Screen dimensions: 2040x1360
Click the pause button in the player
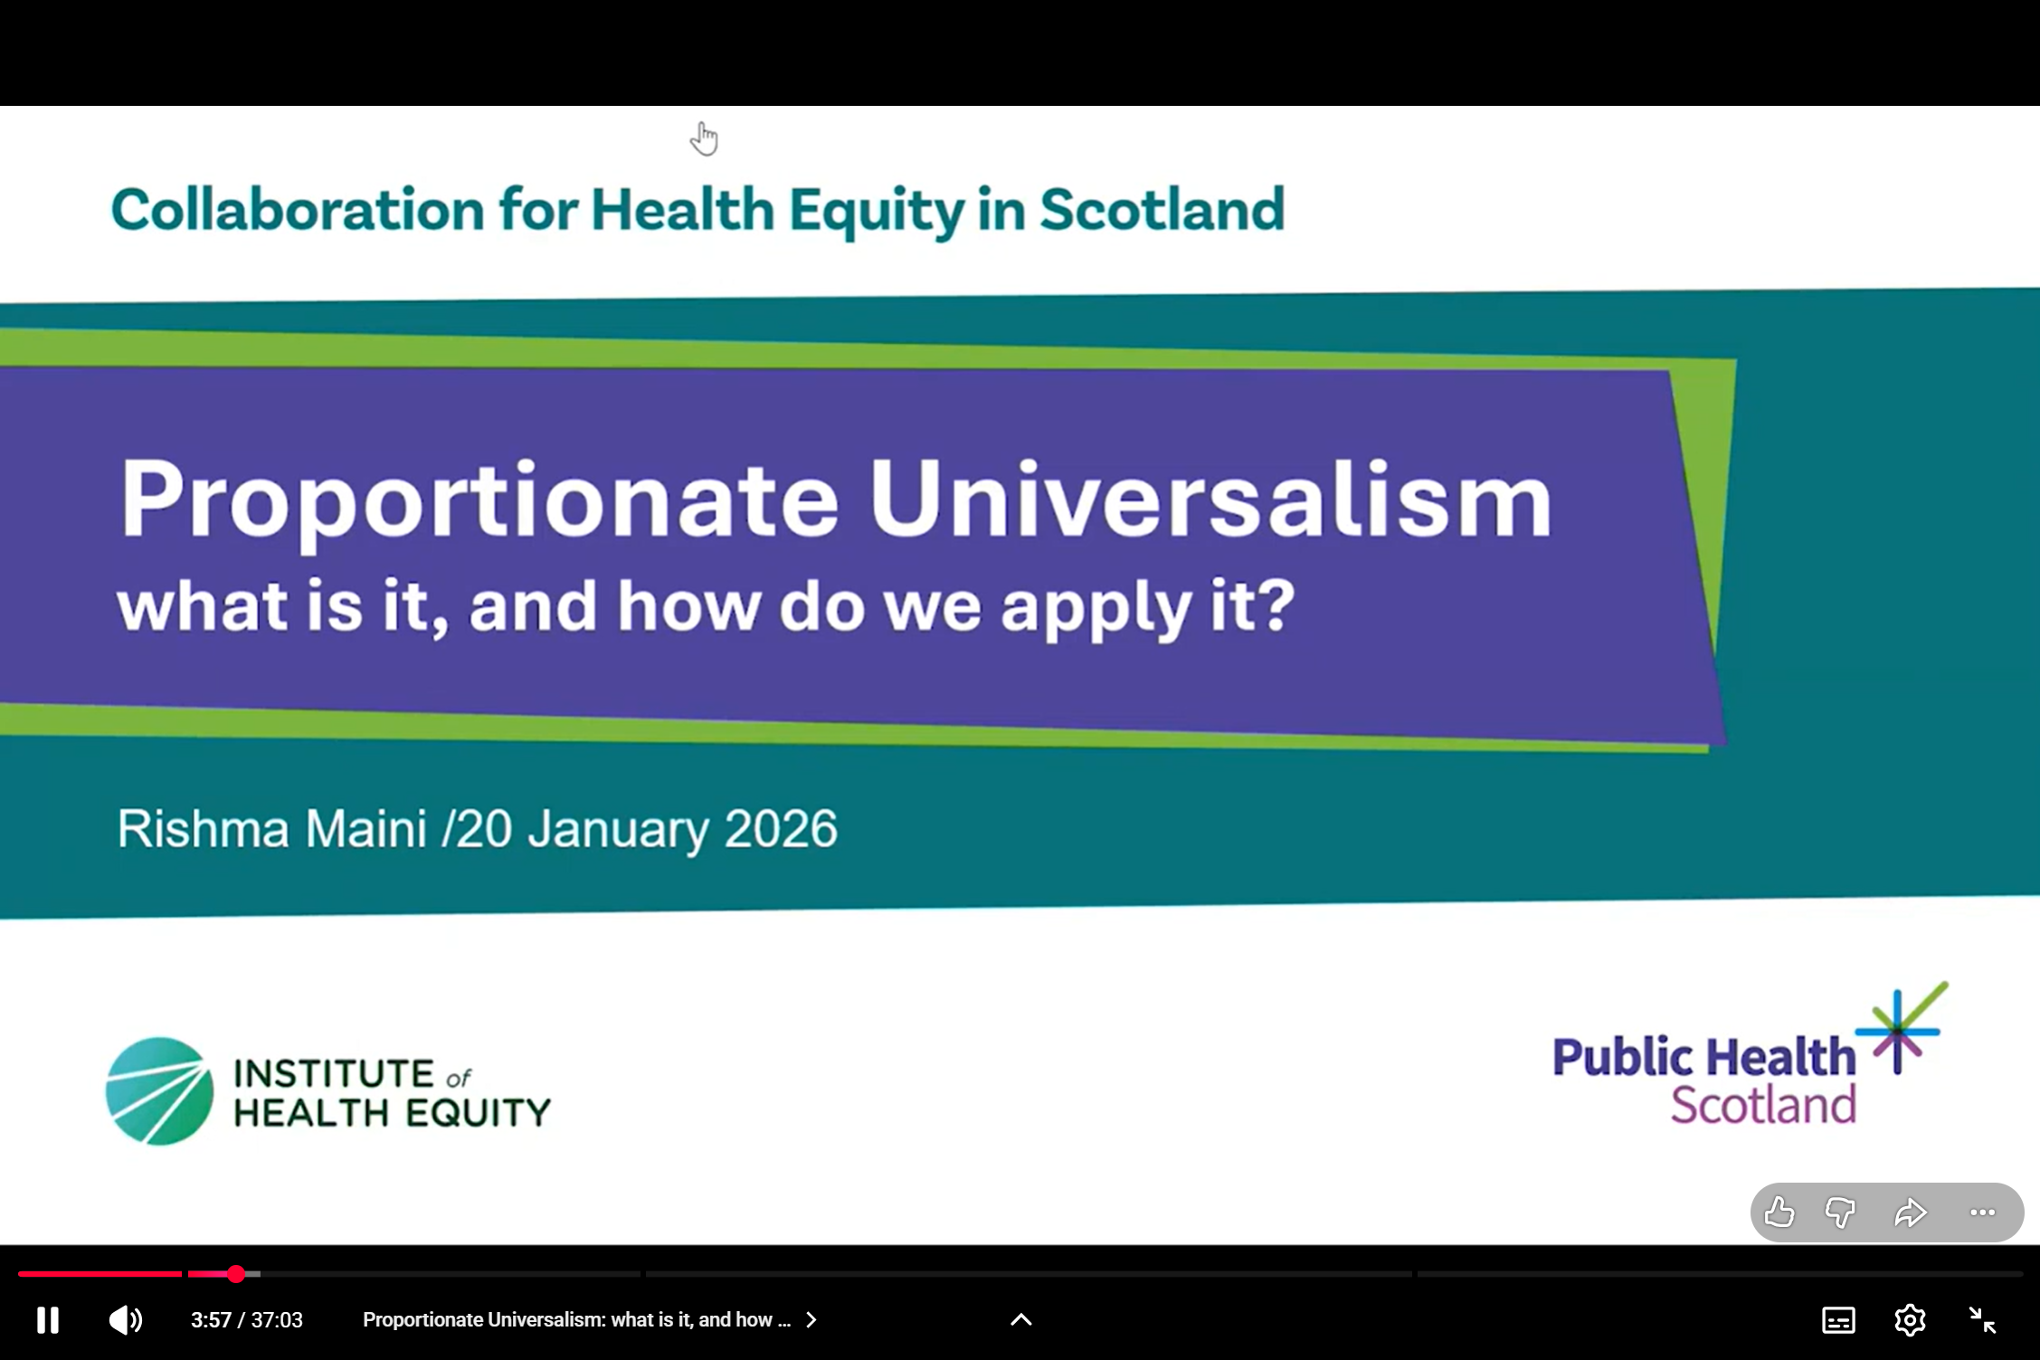[48, 1320]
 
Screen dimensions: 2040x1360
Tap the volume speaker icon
[125, 1320]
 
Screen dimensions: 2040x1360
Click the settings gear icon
[1910, 1320]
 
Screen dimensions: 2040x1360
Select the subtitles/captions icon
[1838, 1320]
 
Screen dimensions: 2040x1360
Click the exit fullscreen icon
[1983, 1320]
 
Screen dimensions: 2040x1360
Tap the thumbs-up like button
[1779, 1212]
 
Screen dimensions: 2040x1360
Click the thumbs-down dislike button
[1840, 1213]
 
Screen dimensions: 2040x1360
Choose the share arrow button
[1911, 1213]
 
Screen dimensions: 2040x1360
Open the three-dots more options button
[1982, 1213]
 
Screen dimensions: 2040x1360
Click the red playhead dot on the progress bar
[236, 1274]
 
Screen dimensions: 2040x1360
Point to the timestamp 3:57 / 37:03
[247, 1320]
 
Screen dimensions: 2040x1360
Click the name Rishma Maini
[271, 828]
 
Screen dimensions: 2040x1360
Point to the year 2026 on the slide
[781, 828]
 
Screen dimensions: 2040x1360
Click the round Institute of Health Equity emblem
[159, 1091]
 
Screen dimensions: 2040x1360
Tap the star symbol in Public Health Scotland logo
[1900, 1030]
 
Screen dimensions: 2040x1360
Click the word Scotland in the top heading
[1162, 209]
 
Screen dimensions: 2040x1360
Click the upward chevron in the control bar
[1020, 1319]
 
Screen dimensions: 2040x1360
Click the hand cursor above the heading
[704, 138]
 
